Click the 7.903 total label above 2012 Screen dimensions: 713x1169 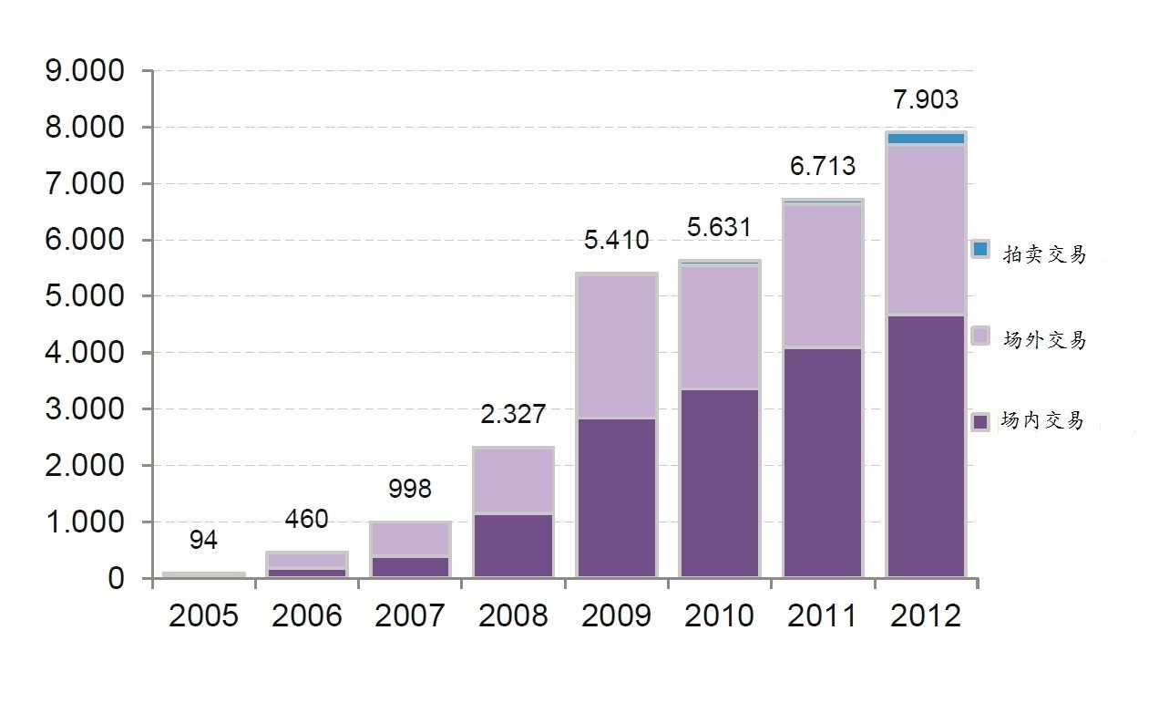click(x=925, y=99)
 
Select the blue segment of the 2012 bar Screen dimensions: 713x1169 click(x=926, y=139)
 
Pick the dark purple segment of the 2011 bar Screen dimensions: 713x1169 click(x=823, y=462)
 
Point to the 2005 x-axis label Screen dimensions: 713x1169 click(x=203, y=615)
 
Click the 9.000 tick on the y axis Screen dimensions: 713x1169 click(x=83, y=71)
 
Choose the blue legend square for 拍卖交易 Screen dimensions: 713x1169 click(x=980, y=249)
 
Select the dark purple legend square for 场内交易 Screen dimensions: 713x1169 click(x=980, y=421)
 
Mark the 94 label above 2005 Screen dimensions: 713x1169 click(x=203, y=541)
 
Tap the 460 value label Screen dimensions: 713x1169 click(x=306, y=520)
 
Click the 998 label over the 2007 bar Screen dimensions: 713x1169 click(x=410, y=489)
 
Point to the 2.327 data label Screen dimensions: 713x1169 click(x=513, y=415)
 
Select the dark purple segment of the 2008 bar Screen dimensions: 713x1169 click(x=513, y=545)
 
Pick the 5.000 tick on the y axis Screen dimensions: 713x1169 click(x=83, y=296)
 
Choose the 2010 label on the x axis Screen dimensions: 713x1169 click(x=720, y=615)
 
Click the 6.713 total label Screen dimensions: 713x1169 click(x=823, y=166)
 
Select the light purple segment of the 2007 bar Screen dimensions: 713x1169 click(x=410, y=539)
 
